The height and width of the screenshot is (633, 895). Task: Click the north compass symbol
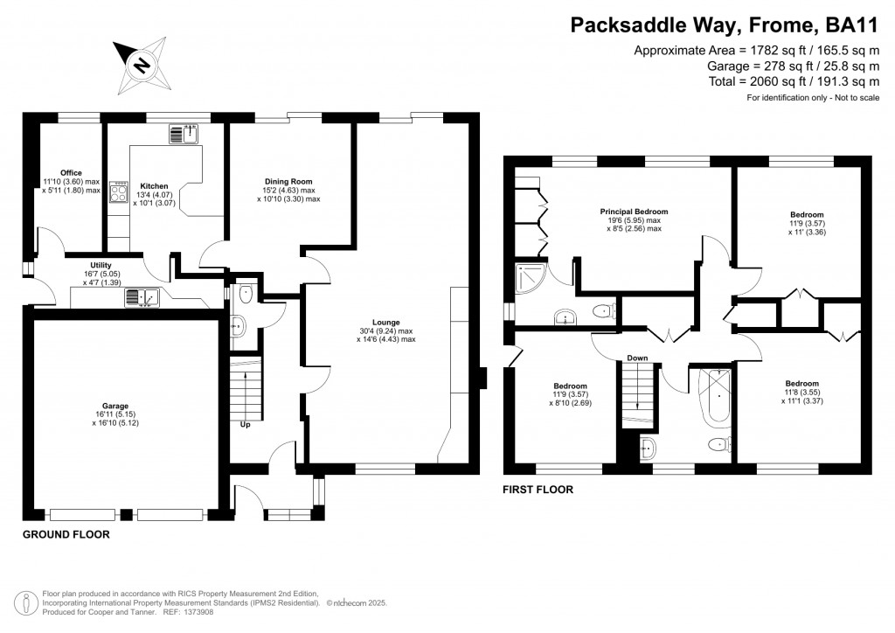pos(140,64)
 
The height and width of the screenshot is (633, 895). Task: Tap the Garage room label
pos(114,407)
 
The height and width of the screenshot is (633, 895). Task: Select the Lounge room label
pos(385,323)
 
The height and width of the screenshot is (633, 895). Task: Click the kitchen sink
pos(184,134)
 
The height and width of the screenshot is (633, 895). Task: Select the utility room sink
pos(142,297)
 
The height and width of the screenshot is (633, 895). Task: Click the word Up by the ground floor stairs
pos(245,426)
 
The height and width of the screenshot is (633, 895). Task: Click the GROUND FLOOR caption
pos(66,533)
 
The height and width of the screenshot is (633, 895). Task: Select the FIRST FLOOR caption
pos(538,490)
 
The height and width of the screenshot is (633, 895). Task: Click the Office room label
pos(71,173)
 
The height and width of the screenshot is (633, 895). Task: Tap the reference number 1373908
pos(197,611)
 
